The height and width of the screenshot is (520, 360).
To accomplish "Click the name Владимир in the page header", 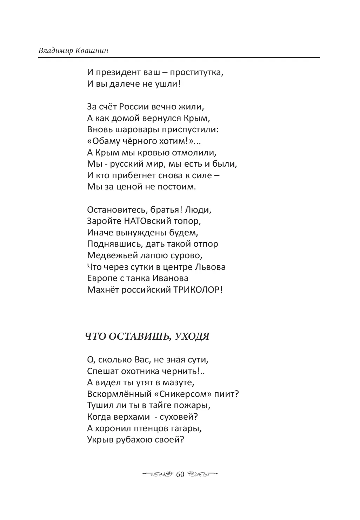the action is [55, 51].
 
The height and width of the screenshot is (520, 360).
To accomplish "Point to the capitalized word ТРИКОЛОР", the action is [196, 290].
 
